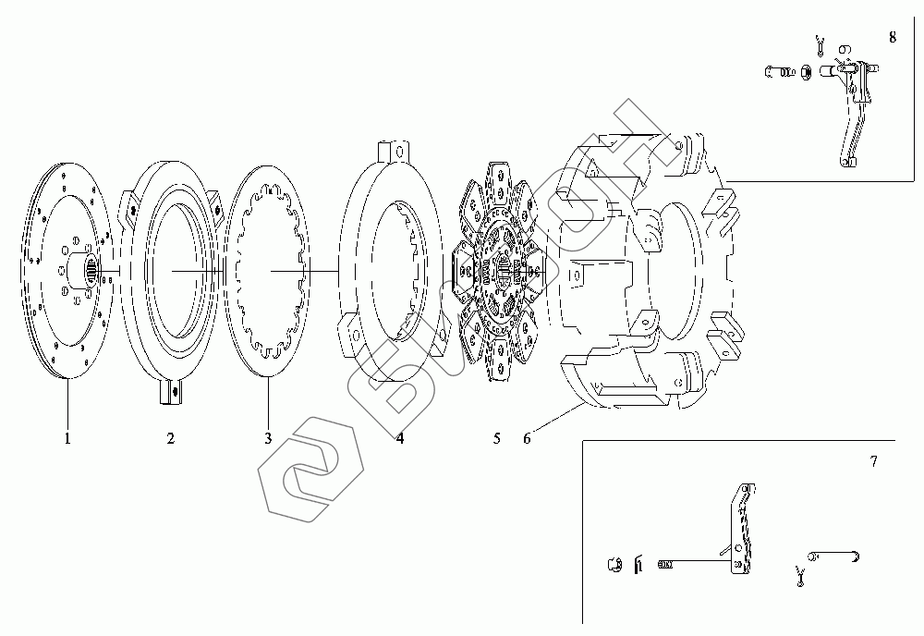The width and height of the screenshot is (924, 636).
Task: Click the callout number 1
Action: [67, 438]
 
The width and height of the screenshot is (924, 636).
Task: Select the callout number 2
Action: [170, 438]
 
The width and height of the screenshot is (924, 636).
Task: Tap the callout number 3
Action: [268, 438]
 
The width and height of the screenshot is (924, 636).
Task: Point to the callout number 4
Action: [400, 438]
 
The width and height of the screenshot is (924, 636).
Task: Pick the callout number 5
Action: [497, 438]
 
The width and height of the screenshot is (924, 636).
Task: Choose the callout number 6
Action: [527, 438]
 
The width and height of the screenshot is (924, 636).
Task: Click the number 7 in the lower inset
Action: [874, 461]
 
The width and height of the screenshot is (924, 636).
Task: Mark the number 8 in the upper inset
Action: [893, 37]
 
